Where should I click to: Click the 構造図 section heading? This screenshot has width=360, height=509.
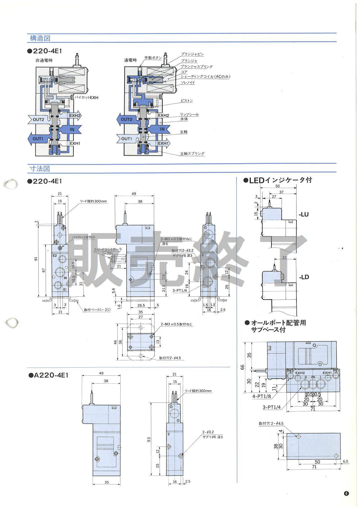tap(40, 38)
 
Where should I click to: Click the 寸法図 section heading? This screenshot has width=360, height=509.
tap(40, 168)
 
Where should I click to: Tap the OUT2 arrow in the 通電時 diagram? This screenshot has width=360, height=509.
tap(126, 119)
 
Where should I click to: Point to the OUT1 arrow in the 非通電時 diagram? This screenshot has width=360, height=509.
tap(38, 139)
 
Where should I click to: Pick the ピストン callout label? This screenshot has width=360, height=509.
tap(186, 101)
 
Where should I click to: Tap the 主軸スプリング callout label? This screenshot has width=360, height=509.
tap(192, 154)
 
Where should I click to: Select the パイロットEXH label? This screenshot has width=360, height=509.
tap(87, 98)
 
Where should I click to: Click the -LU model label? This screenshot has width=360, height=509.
tap(304, 215)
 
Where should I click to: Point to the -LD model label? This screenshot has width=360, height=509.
tap(304, 277)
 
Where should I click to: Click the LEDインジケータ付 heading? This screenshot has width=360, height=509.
tap(278, 180)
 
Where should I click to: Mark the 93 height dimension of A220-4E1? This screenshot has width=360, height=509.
tap(149, 440)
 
